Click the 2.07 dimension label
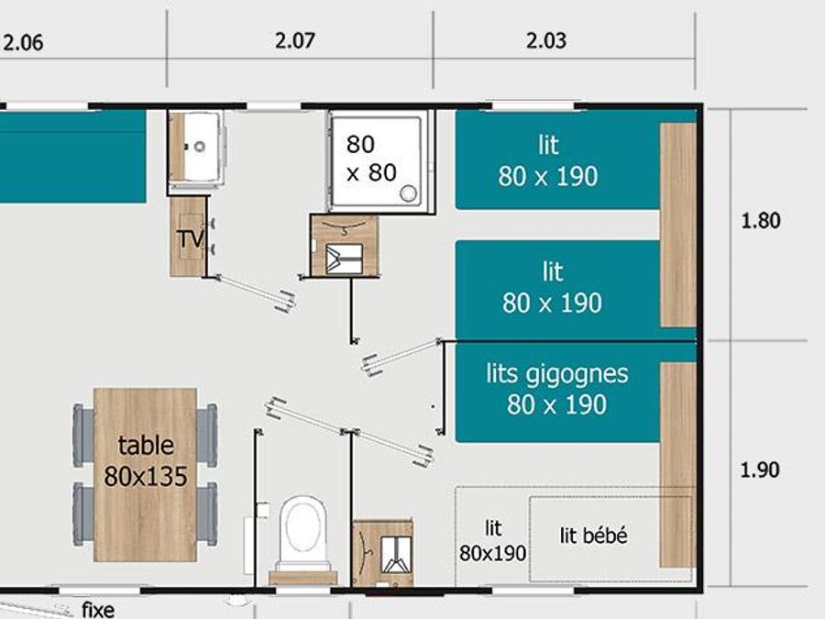coord(294,40)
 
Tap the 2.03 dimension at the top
coord(546,40)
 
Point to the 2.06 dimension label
coord(23,42)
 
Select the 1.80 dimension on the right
coord(761,220)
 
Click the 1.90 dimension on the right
coord(760,470)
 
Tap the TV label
coord(190,239)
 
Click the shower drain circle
coord(408,193)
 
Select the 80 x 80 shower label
coord(371,159)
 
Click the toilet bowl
coord(302,529)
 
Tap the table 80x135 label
coord(146,461)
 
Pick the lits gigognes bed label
coord(557,389)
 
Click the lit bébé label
coord(593,536)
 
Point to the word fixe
coord(98,610)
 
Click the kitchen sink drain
coord(200,147)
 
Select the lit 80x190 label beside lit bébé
coord(492,541)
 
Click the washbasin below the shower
coord(345,245)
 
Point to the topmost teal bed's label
coord(548,160)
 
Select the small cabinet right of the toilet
coord(382,554)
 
